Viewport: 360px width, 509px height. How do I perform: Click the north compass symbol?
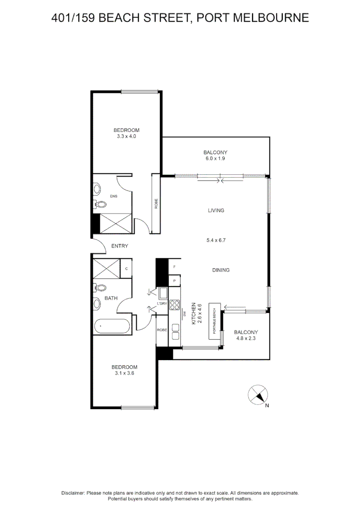258,394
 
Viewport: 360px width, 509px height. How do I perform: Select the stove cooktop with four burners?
175,304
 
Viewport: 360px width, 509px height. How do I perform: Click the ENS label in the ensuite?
114,196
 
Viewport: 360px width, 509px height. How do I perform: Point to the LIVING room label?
215,211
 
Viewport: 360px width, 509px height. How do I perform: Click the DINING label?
221,270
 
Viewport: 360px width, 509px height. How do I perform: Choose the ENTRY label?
119,246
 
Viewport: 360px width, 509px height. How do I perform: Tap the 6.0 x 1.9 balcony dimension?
215,159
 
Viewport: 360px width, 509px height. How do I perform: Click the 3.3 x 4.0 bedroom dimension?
126,137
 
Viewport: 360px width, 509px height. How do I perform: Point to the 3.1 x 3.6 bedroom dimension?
124,374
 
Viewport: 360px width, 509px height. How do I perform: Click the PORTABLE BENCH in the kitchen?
215,320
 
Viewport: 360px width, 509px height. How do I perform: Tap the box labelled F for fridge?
175,267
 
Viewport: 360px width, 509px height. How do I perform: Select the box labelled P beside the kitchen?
175,280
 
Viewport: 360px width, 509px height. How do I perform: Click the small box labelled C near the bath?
126,269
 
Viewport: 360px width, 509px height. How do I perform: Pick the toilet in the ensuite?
100,204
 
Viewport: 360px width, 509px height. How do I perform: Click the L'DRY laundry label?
162,304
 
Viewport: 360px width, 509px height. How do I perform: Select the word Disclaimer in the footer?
73,493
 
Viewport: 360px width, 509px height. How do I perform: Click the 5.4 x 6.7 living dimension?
217,240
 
